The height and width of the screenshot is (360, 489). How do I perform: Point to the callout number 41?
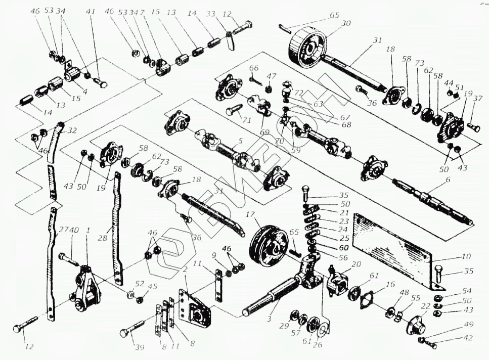pos(90,11)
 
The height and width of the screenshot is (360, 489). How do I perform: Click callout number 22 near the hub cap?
pos(425,306)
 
